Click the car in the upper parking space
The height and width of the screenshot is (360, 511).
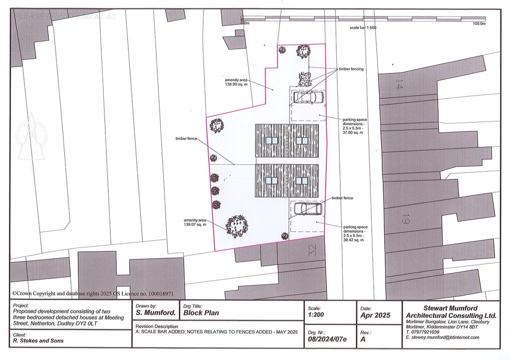coord(308,97)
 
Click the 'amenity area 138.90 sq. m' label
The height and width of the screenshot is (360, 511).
coord(236,82)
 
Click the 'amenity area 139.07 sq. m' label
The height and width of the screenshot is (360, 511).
coord(195,222)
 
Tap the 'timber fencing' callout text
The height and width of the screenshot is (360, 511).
coord(351,69)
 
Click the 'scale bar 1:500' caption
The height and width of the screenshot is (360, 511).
coord(363,28)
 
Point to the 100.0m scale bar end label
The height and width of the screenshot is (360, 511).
coord(479,23)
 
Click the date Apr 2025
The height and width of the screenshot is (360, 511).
coord(374,316)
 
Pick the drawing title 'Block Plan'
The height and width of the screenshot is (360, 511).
coord(201,313)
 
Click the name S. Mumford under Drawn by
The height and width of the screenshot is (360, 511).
coord(156,313)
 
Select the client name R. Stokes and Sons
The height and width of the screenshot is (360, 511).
coord(38,341)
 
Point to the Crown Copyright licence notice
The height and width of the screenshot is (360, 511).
coord(93,294)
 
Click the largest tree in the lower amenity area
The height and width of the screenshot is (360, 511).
coord(237,226)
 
